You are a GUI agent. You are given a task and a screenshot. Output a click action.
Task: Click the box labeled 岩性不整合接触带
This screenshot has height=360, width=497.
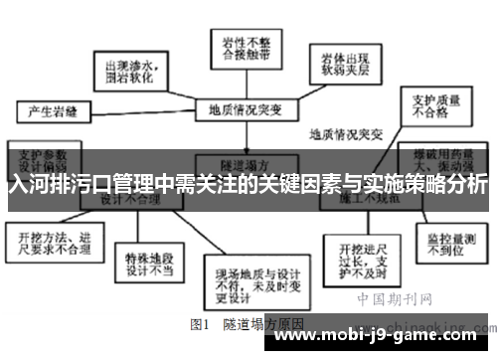point(242,45)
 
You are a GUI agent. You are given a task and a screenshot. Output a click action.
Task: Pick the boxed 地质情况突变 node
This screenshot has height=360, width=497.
point(243,107)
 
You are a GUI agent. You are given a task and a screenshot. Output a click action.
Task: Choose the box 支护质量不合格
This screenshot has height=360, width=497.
point(428,107)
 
